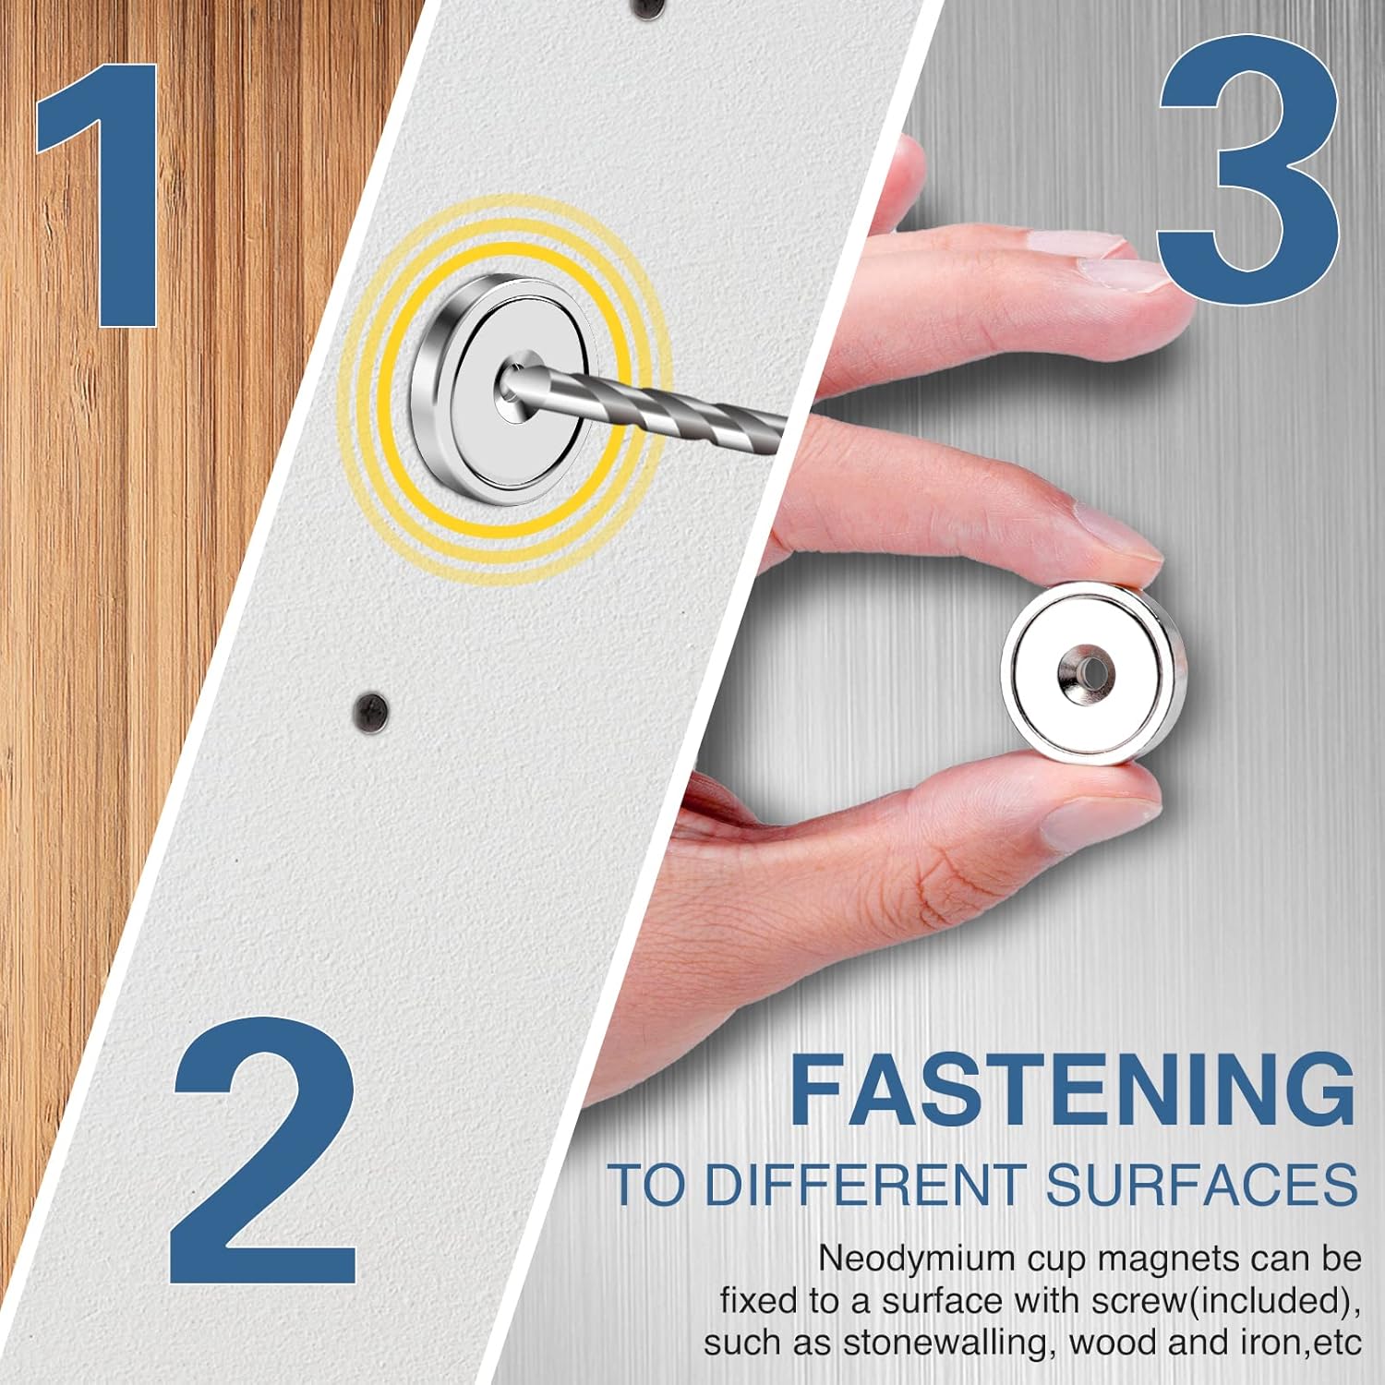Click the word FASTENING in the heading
(x=1072, y=1093)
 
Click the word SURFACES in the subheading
(x=1200, y=1185)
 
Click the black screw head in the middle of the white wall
(x=369, y=710)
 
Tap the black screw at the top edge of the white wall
(x=645, y=6)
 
